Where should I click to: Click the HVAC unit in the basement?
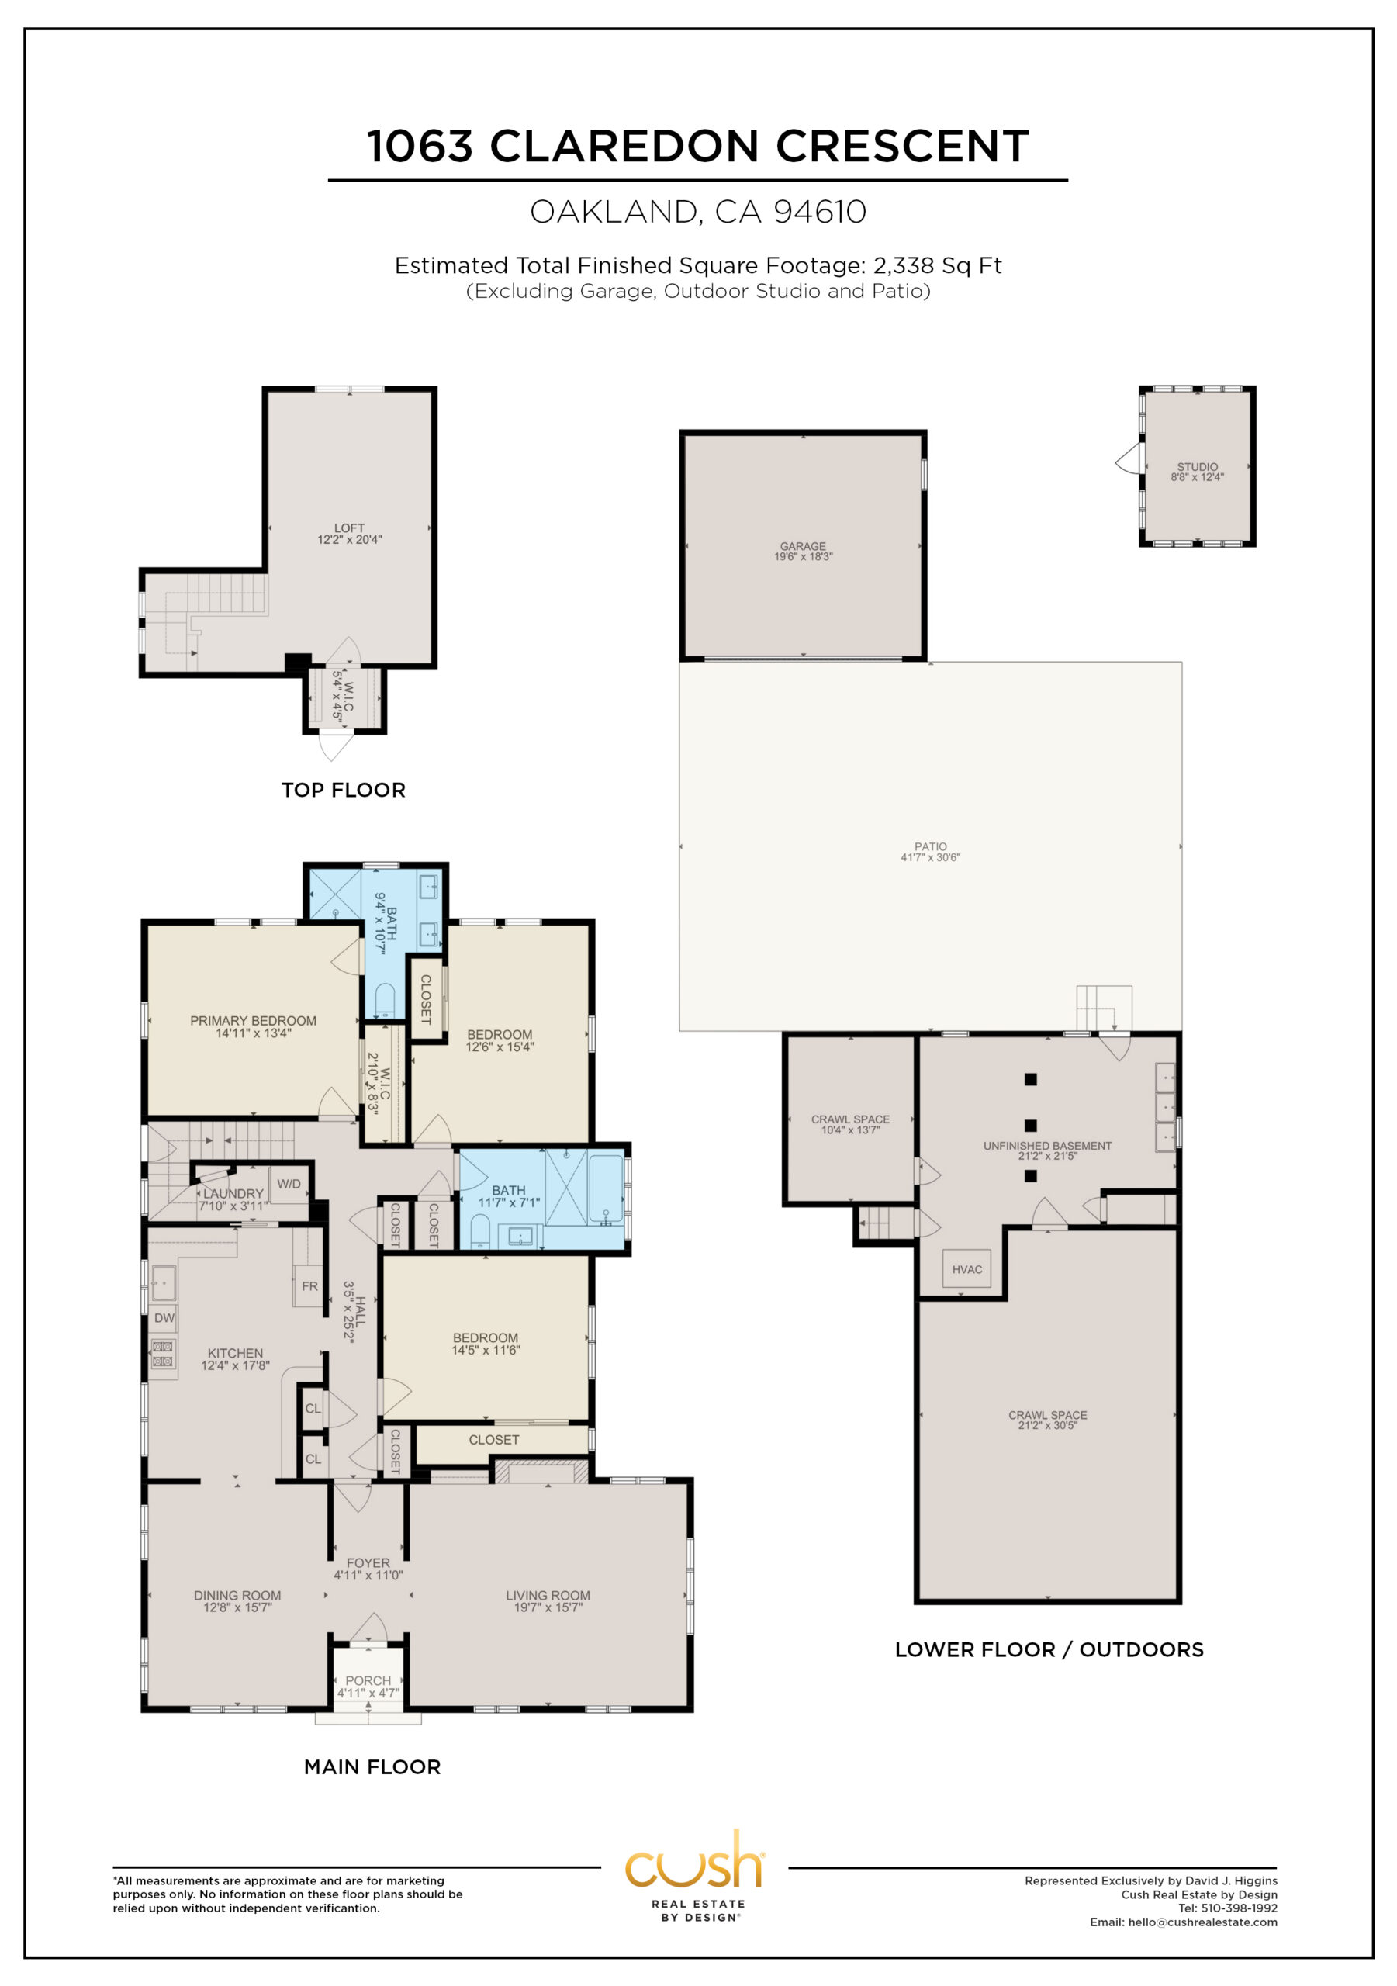(966, 1269)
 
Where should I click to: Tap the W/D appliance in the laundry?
(289, 1184)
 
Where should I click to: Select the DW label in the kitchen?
(164, 1318)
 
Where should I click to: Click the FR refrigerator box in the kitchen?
(309, 1286)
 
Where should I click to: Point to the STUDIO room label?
(1197, 467)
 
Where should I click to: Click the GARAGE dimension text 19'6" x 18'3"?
(803, 557)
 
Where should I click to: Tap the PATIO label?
(931, 847)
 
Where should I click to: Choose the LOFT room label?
(350, 528)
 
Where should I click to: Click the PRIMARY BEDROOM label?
(254, 1021)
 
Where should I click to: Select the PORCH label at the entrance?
(368, 1680)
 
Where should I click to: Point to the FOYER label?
(368, 1563)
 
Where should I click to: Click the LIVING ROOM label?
(548, 1596)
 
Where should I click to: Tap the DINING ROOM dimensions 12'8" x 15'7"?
(237, 1608)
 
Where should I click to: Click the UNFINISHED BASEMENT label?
(1047, 1146)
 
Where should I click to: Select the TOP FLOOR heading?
(344, 790)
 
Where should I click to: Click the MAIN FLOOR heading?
(373, 1767)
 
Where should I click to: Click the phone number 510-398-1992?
(1240, 1908)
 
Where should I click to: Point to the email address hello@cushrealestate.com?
(1202, 1922)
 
